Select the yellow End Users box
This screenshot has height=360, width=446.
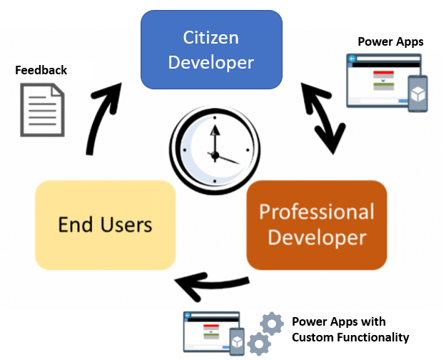pos(105,225)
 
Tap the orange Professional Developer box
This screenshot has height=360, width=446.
pos(316,224)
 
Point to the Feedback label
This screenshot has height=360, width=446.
pos(41,70)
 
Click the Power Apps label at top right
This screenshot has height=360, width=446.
pos(390,41)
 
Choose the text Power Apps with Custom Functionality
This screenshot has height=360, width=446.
pos(350,329)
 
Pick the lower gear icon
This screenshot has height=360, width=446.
pos(258,345)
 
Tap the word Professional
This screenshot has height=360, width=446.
pos(316,211)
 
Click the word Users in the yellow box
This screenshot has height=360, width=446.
pos(126,225)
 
